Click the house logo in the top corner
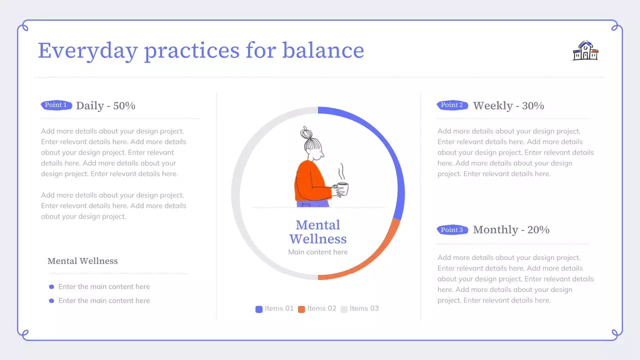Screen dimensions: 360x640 coord(585,50)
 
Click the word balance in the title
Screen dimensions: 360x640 coord(323,50)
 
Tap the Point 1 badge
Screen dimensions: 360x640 coord(56,105)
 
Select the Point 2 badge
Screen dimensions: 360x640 coord(452,105)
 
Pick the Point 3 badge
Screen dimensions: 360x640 coord(452,229)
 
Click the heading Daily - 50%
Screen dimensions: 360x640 coord(105,105)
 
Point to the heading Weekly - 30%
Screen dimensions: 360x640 coord(508,105)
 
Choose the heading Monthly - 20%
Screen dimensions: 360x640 coord(511,229)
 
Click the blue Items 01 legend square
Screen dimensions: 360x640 coord(259,309)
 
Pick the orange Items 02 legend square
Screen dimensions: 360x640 coord(301,309)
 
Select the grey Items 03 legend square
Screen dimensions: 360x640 coord(344,309)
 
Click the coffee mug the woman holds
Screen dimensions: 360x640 coord(342,189)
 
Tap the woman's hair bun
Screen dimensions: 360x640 coord(306,133)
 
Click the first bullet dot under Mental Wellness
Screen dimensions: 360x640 coord(51,287)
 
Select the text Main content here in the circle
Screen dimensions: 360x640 coord(318,252)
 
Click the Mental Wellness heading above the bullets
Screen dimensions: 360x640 coord(82,261)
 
